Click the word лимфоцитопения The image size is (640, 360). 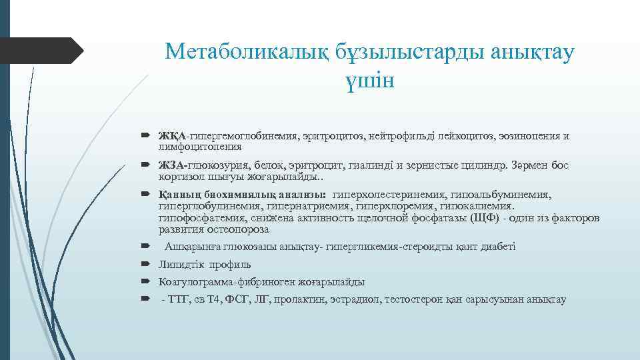(x=190, y=146)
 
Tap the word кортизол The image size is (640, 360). (x=176, y=177)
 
